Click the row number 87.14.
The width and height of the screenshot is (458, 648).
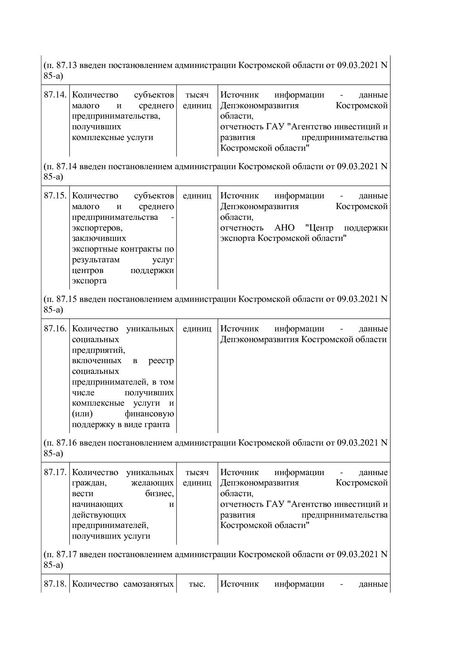click(x=55, y=95)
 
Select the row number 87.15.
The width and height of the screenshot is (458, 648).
click(x=55, y=195)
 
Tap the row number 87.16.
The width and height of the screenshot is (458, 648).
click(x=55, y=328)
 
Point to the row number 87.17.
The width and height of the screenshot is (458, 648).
click(x=55, y=472)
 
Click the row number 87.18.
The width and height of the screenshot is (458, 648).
click(x=55, y=584)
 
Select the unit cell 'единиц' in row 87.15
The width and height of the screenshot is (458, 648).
click(x=197, y=195)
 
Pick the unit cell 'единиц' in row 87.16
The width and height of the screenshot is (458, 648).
click(x=197, y=328)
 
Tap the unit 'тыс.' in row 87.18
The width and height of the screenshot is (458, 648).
click(x=197, y=584)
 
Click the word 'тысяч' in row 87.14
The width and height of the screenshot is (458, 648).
click(x=197, y=95)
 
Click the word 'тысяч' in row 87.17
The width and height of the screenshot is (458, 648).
click(x=197, y=472)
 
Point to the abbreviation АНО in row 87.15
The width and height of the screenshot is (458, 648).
click(x=284, y=228)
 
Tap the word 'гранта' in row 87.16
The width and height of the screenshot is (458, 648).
click(x=158, y=424)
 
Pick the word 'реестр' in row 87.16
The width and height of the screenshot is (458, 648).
click(x=161, y=361)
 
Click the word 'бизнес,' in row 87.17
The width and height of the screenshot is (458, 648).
click(x=160, y=494)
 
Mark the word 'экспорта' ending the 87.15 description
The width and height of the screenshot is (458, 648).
click(x=89, y=281)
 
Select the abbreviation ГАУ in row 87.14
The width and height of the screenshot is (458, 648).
click(x=275, y=127)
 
